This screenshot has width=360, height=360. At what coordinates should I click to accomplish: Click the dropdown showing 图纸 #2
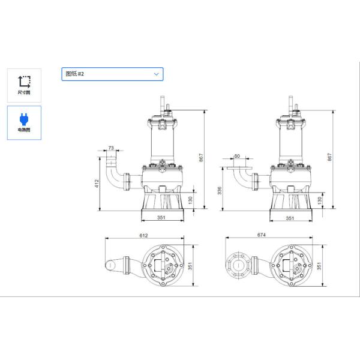click(x=112, y=74)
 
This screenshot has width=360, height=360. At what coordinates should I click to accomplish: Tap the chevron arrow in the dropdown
click(x=157, y=74)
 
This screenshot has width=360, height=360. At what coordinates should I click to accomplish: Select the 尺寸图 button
click(x=24, y=85)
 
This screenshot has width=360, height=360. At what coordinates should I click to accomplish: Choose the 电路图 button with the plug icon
click(x=24, y=122)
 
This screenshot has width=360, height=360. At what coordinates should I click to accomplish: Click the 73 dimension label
click(x=111, y=148)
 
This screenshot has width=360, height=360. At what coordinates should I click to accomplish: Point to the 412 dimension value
click(x=97, y=184)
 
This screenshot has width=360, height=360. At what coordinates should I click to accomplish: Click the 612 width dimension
click(x=144, y=235)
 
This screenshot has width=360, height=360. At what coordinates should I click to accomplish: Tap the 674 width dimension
click(x=261, y=235)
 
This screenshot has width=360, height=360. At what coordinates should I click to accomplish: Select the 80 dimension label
click(x=237, y=156)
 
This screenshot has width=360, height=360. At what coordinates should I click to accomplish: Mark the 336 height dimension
click(x=220, y=191)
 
